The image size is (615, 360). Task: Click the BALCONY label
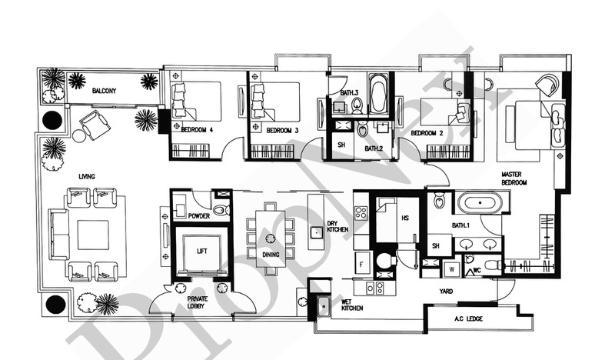105,91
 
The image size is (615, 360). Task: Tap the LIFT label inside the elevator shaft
202,252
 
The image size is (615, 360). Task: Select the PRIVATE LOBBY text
198,302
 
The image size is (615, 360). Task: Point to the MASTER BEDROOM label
514,178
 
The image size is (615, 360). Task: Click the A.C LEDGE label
468,318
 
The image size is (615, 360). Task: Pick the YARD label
446,292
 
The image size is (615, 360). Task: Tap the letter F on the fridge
361,265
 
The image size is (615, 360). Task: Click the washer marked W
452,270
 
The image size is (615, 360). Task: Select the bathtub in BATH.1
480,203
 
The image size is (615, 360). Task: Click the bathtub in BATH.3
378,94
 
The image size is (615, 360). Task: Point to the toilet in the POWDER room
222,210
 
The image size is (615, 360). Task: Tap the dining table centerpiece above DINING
270,238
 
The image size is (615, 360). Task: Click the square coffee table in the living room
93,235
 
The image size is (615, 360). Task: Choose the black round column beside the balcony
52,120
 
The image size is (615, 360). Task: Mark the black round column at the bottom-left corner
55,305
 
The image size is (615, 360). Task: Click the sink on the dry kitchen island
316,232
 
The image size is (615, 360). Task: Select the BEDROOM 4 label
197,130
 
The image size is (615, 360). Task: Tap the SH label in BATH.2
341,145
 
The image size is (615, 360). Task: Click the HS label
405,218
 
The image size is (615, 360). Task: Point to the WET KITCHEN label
352,305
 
